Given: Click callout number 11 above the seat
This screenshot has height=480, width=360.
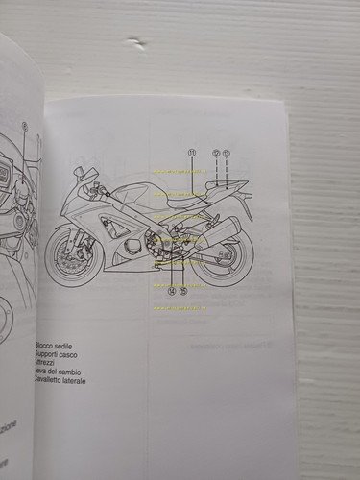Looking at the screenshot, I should pyautogui.click(x=191, y=153).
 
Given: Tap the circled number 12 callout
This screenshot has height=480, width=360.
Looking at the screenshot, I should pyautogui.click(x=216, y=153).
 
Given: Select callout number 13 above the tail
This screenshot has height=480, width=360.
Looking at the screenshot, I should pyautogui.click(x=227, y=153).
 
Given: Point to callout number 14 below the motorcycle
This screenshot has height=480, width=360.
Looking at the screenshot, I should pyautogui.click(x=171, y=290).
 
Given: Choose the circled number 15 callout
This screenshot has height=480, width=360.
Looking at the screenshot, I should pyautogui.click(x=182, y=290).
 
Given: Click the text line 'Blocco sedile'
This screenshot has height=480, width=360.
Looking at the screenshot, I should pyautogui.click(x=58, y=346).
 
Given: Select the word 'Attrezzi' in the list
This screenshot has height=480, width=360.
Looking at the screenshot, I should pyautogui.click(x=49, y=364).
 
